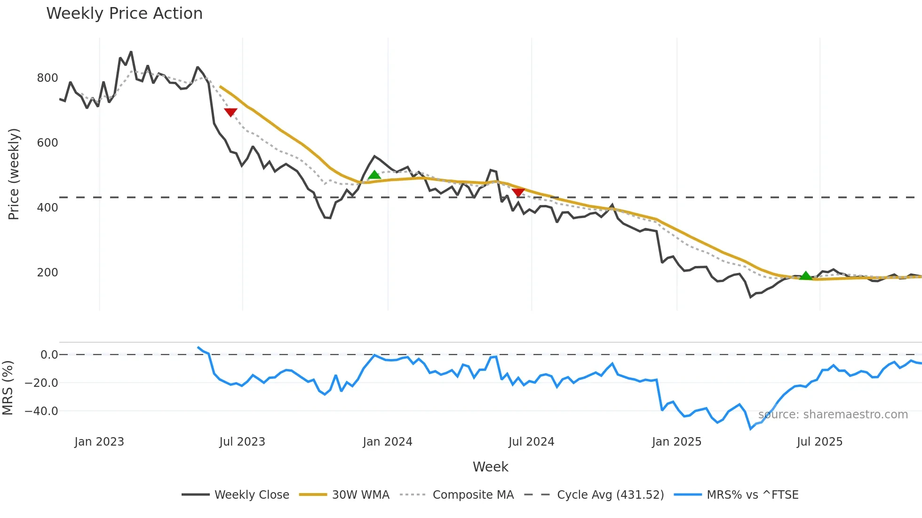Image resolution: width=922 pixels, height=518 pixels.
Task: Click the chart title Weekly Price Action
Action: point(124,14)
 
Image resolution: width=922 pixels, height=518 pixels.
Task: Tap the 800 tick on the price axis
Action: point(48,78)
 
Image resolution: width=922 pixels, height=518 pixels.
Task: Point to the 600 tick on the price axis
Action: point(48,143)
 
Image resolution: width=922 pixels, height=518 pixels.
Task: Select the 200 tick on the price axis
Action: point(48,273)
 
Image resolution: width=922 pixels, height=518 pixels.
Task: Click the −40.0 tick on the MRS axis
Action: point(41,411)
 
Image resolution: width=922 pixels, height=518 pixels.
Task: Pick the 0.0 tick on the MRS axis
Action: point(49,355)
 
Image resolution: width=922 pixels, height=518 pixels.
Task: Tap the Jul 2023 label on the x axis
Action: point(242,442)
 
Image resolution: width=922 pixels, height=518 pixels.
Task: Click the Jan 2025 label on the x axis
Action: point(676,442)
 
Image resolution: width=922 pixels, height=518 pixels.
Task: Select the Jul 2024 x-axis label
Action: point(532,442)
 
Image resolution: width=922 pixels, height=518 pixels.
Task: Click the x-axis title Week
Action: point(490,467)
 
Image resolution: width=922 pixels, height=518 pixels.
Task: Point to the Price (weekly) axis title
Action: point(14,174)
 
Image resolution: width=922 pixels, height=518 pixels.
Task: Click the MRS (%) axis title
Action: point(8,388)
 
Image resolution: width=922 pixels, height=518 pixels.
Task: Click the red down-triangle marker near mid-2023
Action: point(230,112)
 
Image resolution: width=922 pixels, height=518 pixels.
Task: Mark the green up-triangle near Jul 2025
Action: point(806,276)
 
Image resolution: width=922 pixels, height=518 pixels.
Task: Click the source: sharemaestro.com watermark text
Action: point(833,415)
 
